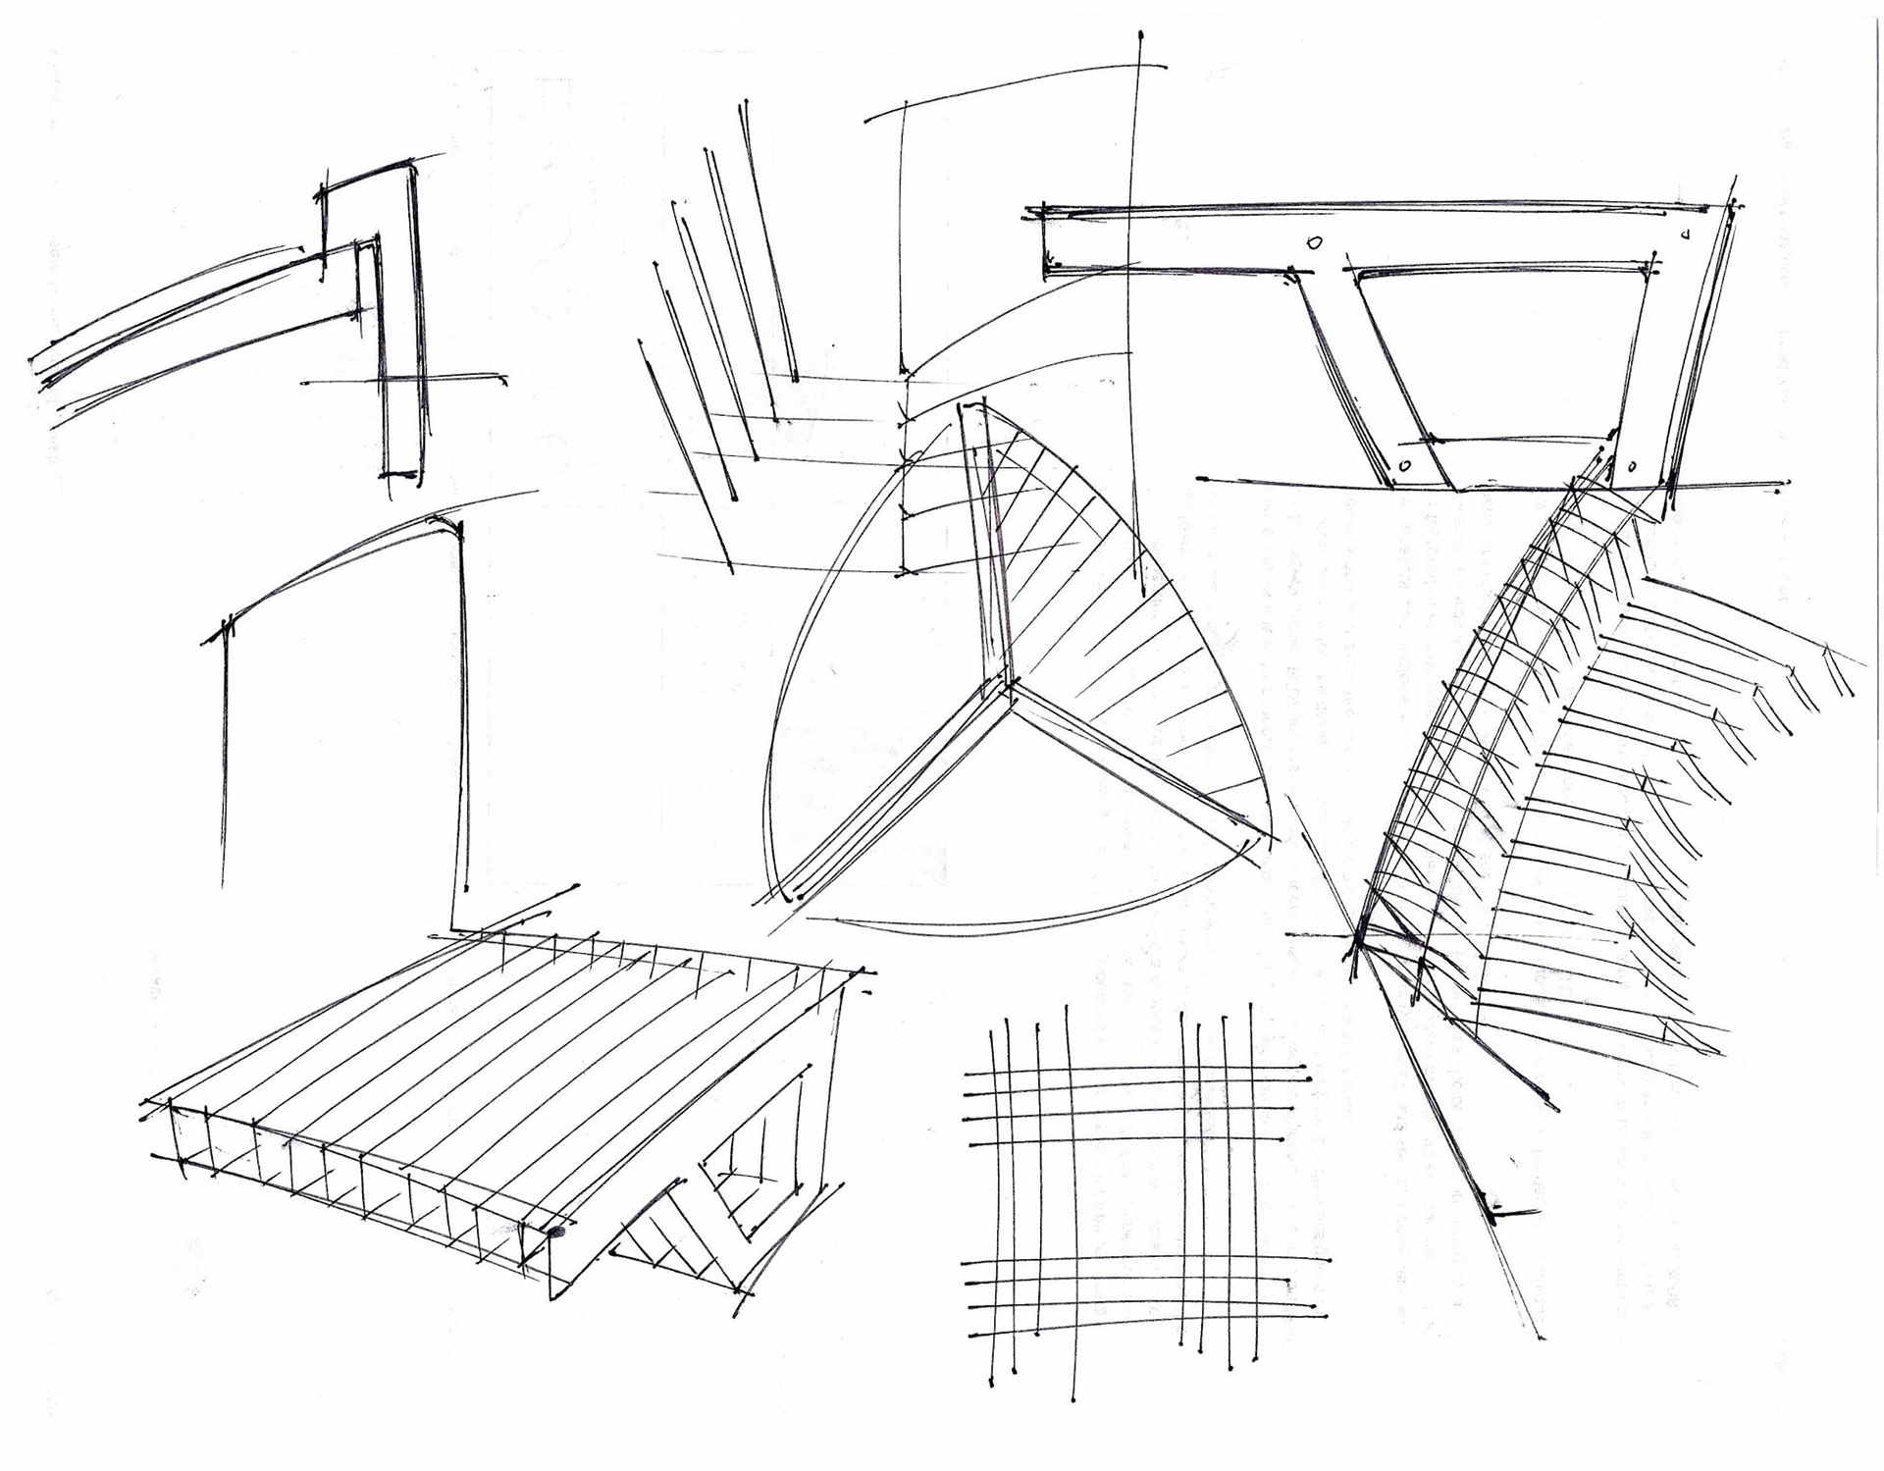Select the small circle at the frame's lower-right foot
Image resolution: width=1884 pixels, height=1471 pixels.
point(1635,464)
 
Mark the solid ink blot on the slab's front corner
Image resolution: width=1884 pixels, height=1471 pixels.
point(558,1232)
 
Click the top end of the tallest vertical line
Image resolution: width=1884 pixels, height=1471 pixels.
point(1141,36)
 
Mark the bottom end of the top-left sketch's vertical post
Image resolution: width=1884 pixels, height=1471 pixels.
point(402,476)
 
